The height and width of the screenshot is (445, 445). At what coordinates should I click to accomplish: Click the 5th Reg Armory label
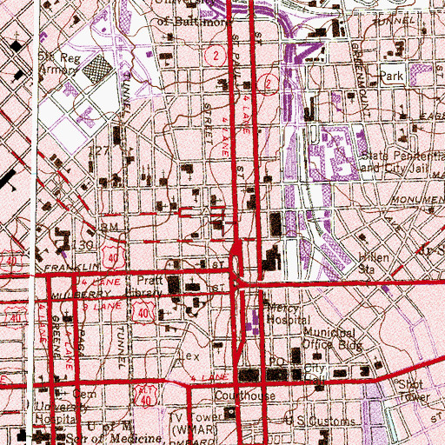click(60, 65)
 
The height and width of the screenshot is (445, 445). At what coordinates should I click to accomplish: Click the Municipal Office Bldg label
click(330, 338)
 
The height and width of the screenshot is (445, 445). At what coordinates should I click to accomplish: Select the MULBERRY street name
click(23, 294)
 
